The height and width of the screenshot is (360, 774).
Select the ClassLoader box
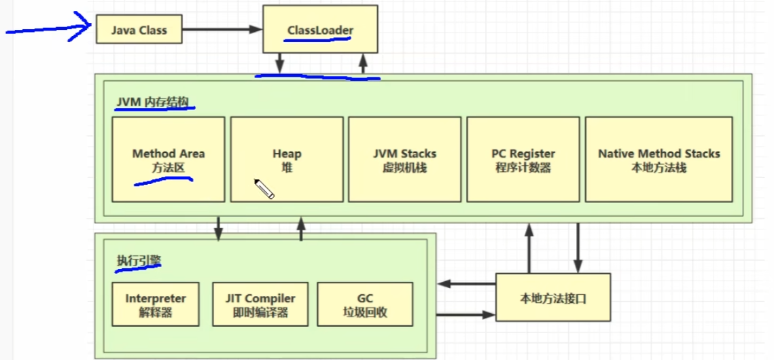point(321,31)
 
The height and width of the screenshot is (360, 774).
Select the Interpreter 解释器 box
point(156,305)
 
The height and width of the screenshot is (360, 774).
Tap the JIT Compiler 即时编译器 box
point(260,305)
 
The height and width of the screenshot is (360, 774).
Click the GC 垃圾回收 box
point(364,305)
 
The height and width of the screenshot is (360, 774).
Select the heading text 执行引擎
point(139,262)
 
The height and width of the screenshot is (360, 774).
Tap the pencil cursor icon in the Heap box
point(264,189)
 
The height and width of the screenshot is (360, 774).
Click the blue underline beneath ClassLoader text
point(318,39)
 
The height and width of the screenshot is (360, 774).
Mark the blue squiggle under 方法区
point(163,181)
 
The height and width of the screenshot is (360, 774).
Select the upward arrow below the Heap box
point(301,230)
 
